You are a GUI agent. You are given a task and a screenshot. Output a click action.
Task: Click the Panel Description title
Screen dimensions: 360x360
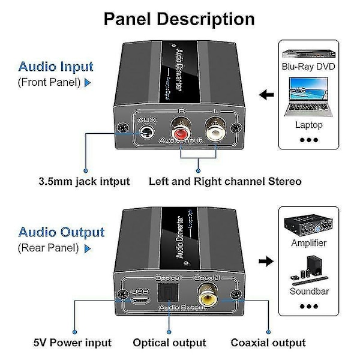[x=179, y=19]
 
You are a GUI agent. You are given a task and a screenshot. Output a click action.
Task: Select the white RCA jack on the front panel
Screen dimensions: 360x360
[x=215, y=128]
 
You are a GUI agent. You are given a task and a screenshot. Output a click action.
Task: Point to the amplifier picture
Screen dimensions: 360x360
[x=308, y=225]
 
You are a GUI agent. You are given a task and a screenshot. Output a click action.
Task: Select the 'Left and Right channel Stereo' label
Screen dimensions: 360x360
[x=225, y=181]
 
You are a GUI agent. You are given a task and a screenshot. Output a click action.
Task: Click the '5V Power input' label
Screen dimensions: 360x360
[x=73, y=343]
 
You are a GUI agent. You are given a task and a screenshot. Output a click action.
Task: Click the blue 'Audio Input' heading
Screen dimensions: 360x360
[x=56, y=67]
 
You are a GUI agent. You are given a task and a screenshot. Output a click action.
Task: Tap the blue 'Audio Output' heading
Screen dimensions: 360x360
[x=61, y=232]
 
